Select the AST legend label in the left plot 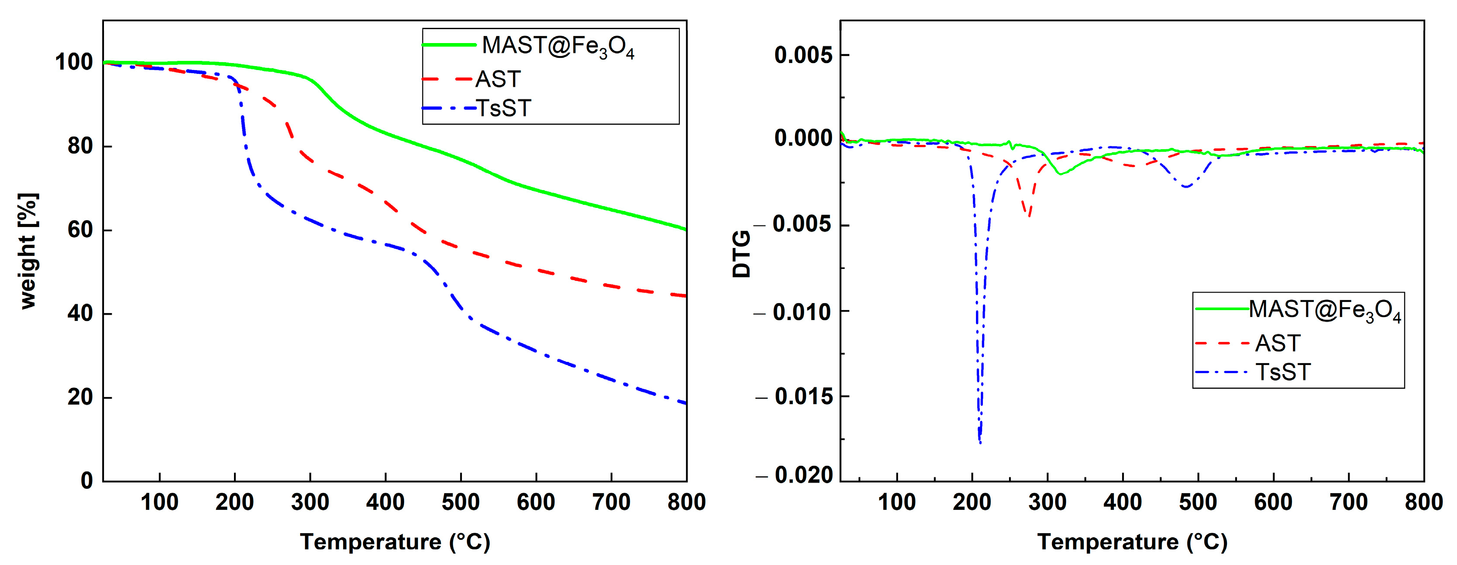(498, 79)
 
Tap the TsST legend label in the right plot (1283, 372)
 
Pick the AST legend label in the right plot (1278, 343)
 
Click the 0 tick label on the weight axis (87, 481)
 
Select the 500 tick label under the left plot (461, 502)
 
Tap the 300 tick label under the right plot (1047, 502)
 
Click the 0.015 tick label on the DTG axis (803, 397)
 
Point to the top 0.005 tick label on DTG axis (803, 55)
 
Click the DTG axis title (742, 254)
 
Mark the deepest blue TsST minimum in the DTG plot (979, 442)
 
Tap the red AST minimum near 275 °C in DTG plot (1029, 215)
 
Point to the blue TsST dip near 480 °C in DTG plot (1186, 187)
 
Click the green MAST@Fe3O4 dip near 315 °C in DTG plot (1060, 174)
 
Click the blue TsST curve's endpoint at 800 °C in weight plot (685, 403)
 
